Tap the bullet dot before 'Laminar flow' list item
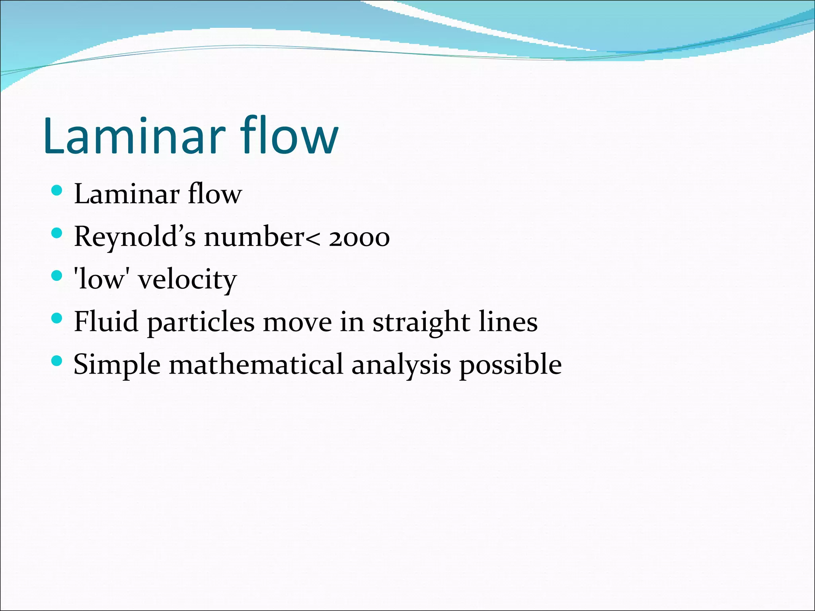pyautogui.click(x=57, y=191)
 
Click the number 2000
pyautogui.click(x=359, y=238)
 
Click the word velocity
pyautogui.click(x=187, y=280)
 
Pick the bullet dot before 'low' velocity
pyautogui.click(x=57, y=276)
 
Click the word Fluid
pyautogui.click(x=106, y=321)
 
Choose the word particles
pyautogui.click(x=201, y=323)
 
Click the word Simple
pyautogui.click(x=117, y=365)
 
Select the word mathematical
pyautogui.click(x=256, y=364)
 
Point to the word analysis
pyautogui.click(x=401, y=365)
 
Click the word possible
pyautogui.click(x=511, y=365)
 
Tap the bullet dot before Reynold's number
pyautogui.click(x=57, y=233)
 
